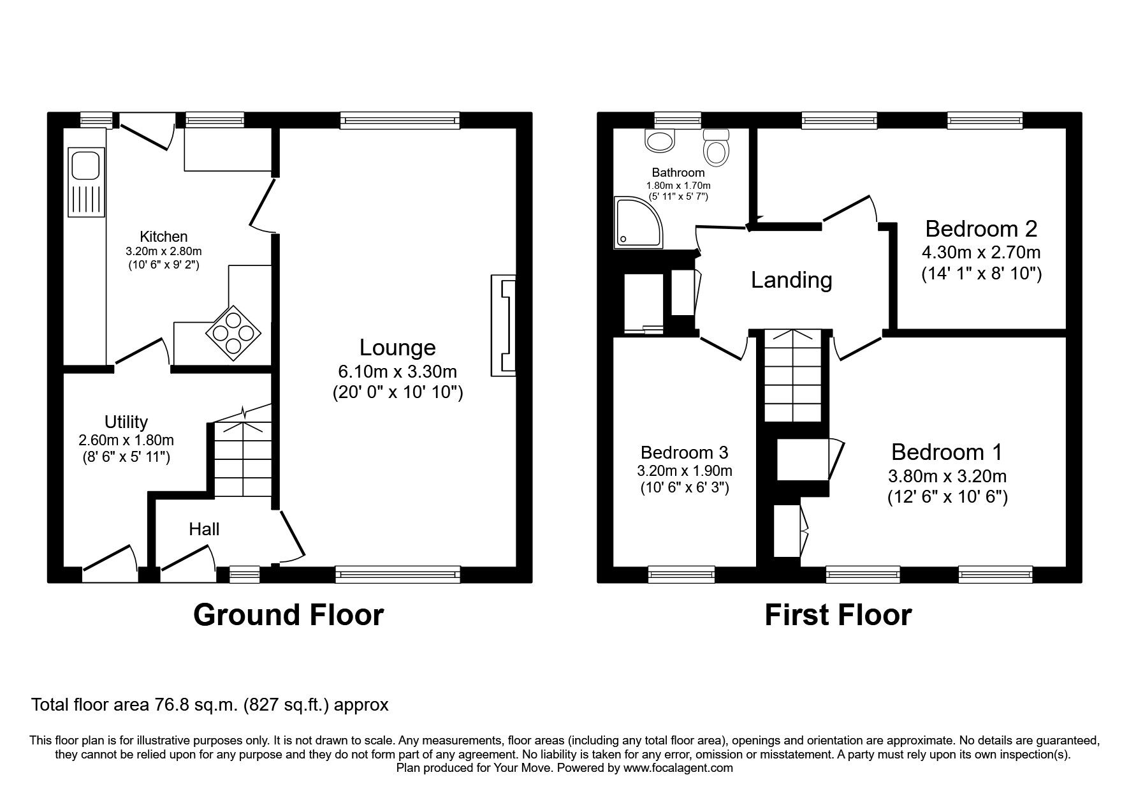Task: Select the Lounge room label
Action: click(x=398, y=348)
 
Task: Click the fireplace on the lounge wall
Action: click(x=503, y=325)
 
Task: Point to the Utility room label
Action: click(x=126, y=422)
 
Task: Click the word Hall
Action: click(x=204, y=529)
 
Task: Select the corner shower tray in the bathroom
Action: click(x=635, y=221)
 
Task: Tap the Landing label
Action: click(x=791, y=280)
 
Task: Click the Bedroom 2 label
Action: click(x=981, y=228)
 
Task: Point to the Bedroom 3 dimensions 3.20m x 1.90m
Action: click(x=684, y=471)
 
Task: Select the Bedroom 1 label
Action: click(x=947, y=452)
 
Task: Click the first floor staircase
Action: click(x=792, y=376)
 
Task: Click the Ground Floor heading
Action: click(x=288, y=616)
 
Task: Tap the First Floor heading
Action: click(x=838, y=616)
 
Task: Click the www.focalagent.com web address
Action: click(x=678, y=768)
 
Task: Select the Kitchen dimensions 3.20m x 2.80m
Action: click(x=164, y=251)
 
